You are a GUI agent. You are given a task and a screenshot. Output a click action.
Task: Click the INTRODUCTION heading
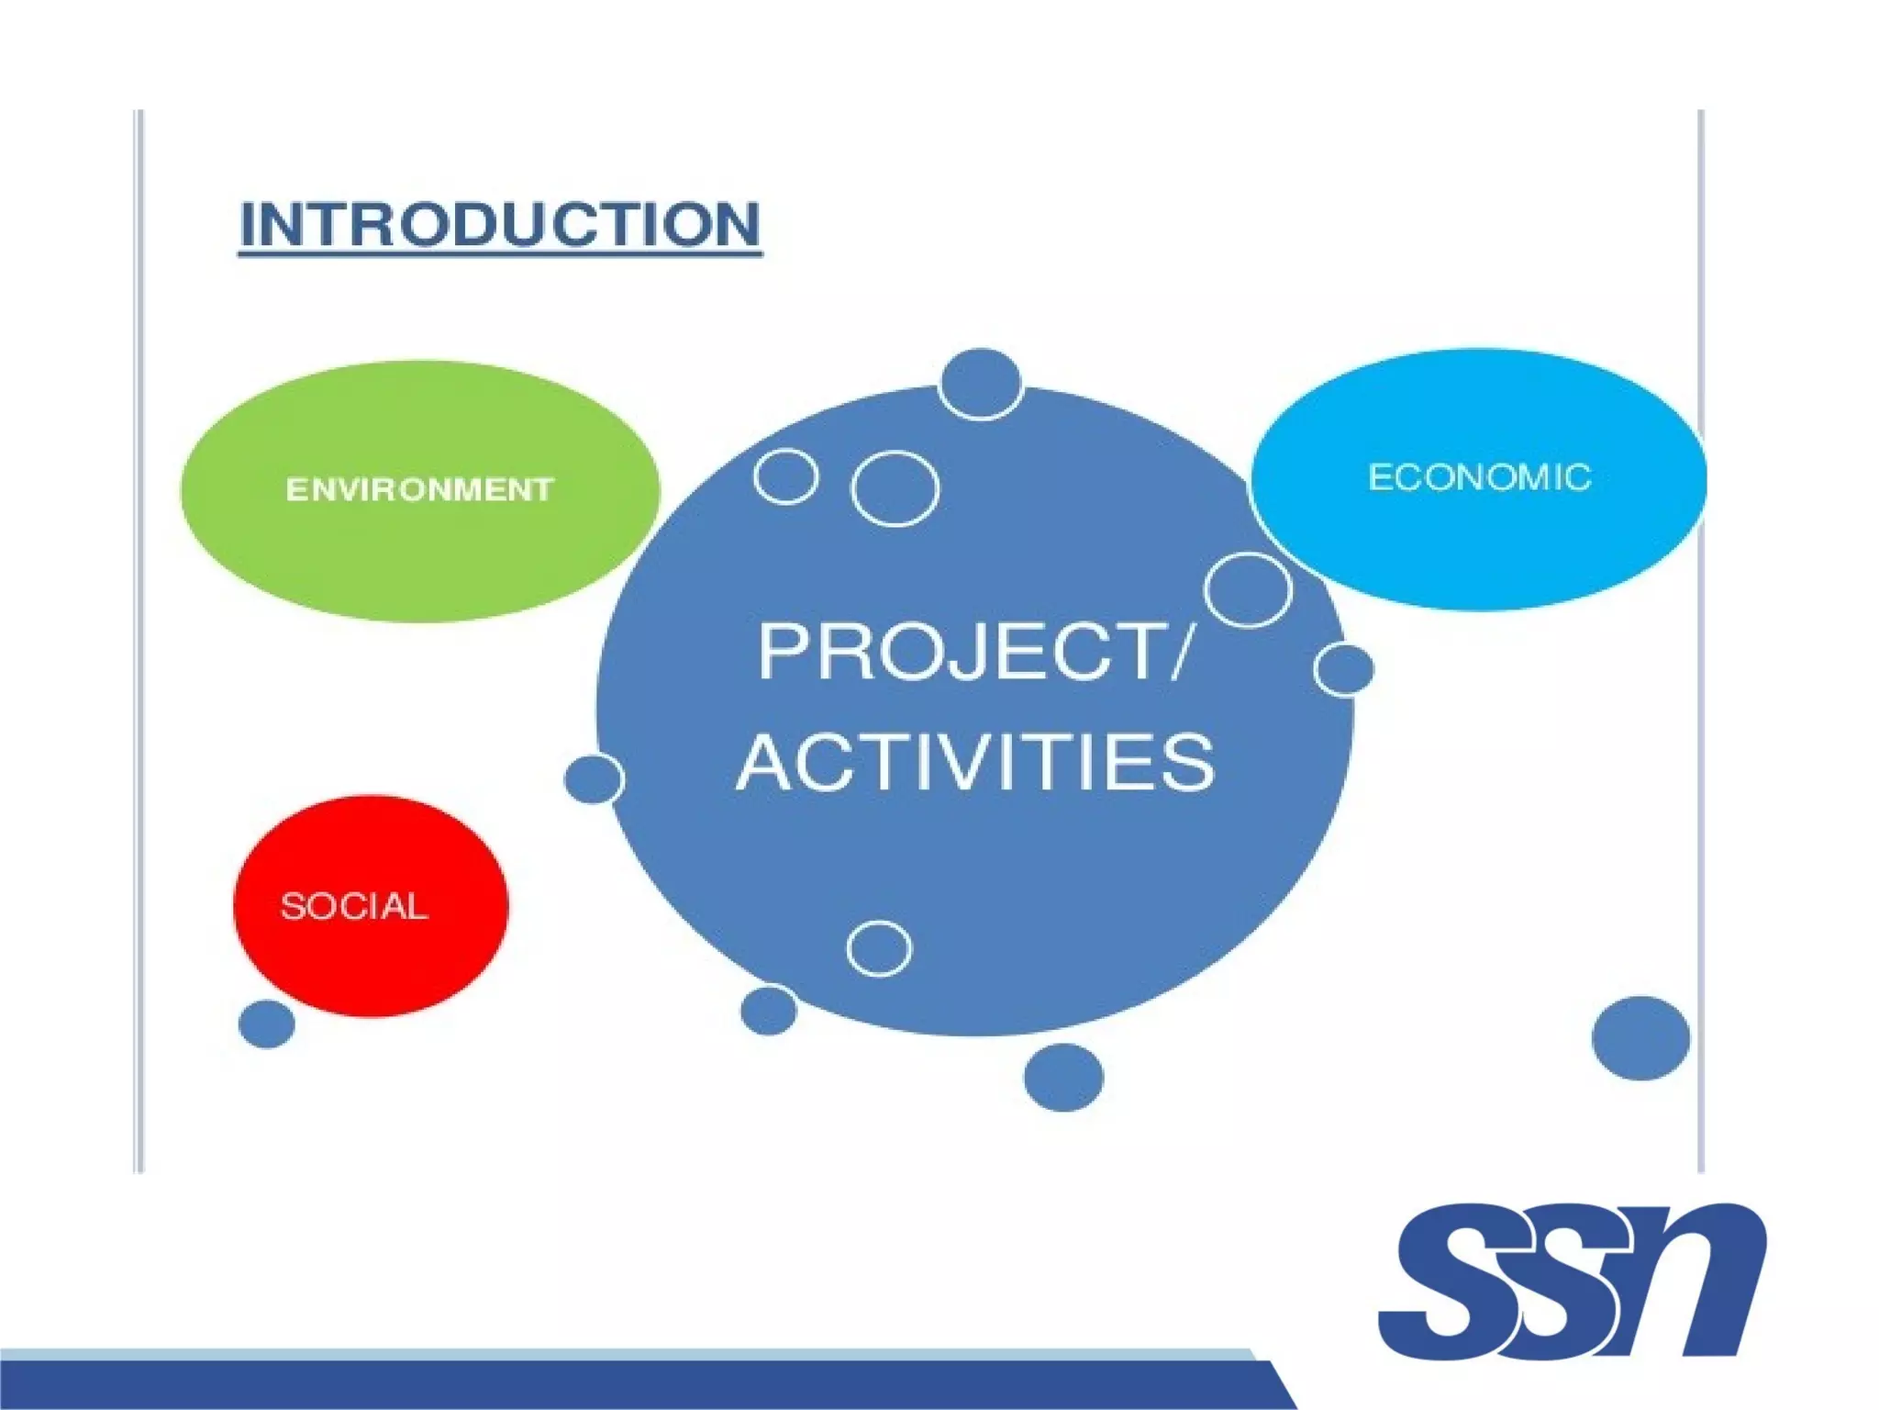coord(500,224)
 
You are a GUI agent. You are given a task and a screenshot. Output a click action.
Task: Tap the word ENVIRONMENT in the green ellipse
coord(419,489)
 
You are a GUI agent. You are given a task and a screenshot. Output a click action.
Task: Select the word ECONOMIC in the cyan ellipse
coord(1479,477)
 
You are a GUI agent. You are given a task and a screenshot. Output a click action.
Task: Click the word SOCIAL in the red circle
coord(354,907)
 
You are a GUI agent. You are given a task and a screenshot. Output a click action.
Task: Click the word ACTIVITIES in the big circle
coord(975,762)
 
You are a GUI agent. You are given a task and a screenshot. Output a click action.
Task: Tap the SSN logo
coord(1571,1281)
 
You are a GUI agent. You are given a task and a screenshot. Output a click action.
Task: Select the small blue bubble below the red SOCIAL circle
coord(267,1024)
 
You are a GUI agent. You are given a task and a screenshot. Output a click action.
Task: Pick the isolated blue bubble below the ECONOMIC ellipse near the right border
coord(1640,1038)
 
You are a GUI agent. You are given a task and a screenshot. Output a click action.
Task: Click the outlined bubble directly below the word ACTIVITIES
coord(879,948)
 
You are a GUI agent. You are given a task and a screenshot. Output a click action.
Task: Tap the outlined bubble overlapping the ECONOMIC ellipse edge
coord(1248,590)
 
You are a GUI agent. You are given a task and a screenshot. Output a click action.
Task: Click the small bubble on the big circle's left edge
coord(594,779)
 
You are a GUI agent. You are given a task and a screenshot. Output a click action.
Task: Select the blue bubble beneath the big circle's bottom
coord(1063,1077)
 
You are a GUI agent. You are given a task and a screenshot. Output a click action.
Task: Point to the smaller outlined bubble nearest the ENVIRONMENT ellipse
coord(786,476)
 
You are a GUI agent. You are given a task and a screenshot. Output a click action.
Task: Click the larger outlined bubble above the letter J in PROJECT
coord(895,488)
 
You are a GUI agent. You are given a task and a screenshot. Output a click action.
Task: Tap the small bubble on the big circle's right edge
coord(1344,669)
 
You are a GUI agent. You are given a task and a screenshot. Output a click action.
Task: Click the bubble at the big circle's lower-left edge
coord(768,1010)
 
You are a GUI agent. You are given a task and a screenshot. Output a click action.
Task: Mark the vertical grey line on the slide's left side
coord(139,643)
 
